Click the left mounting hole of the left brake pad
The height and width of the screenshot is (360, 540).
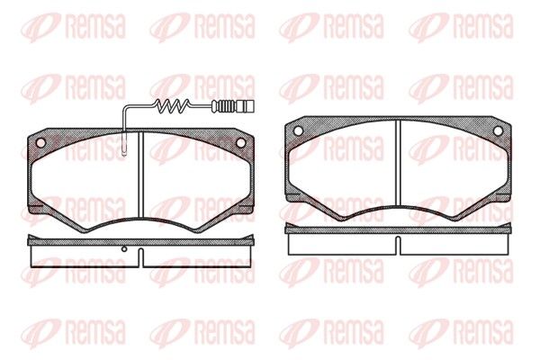(x=40, y=142)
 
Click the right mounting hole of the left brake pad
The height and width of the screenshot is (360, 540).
(x=240, y=142)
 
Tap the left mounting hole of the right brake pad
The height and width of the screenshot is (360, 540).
(x=298, y=130)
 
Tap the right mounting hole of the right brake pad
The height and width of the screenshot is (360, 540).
(x=498, y=130)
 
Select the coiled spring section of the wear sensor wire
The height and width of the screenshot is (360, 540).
(x=172, y=106)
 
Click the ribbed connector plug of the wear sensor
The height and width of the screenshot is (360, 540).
(x=233, y=106)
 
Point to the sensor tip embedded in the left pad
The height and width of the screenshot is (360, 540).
(x=125, y=143)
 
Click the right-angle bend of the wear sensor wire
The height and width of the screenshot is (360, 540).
(x=125, y=106)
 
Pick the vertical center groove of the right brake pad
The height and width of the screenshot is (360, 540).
(x=398, y=163)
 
